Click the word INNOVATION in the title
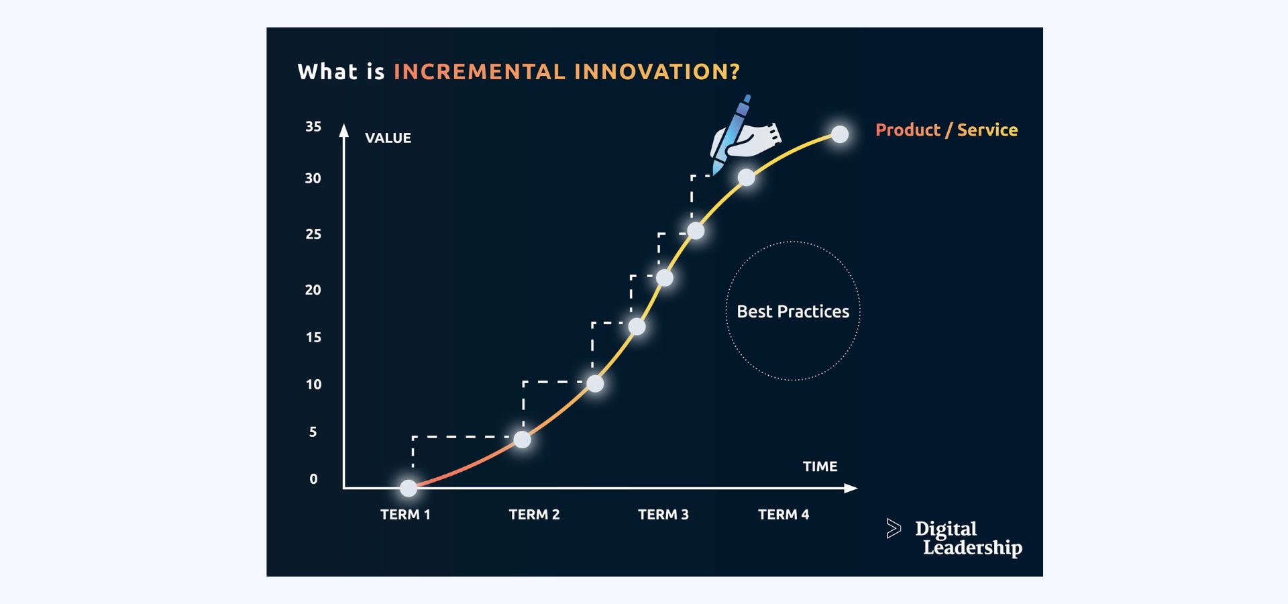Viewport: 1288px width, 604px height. coord(657,72)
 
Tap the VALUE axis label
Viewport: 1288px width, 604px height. coord(388,138)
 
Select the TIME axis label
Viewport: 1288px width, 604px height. coord(820,466)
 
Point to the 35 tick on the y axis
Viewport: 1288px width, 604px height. coord(313,127)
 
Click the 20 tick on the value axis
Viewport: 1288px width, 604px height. coord(313,290)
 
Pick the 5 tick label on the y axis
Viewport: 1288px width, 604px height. coord(313,432)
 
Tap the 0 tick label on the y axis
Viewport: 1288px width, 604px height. coord(313,479)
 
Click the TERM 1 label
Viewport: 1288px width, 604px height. coord(405,515)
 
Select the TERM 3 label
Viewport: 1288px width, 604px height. coord(663,515)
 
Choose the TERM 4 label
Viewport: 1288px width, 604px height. coord(783,515)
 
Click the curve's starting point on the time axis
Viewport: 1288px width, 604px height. coord(409,488)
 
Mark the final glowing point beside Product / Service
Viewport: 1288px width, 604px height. coord(840,134)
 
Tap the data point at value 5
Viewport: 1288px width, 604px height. coord(522,440)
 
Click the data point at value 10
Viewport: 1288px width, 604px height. coord(595,384)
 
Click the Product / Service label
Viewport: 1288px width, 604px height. coord(946,130)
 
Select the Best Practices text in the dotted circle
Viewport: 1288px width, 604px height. coord(792,311)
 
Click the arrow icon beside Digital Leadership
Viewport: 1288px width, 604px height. coord(893,529)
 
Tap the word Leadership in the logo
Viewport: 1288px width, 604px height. coord(972,548)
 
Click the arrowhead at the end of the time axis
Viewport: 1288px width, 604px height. coord(851,489)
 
